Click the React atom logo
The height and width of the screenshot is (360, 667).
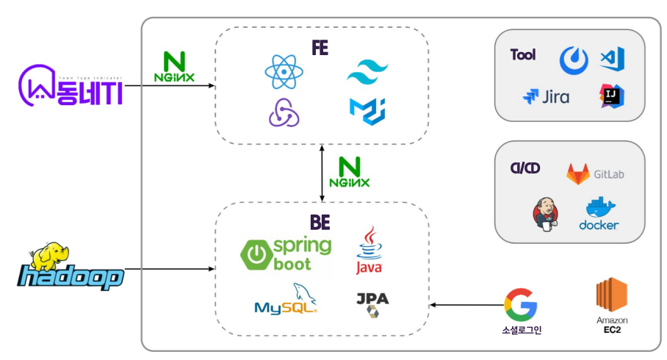click(x=283, y=71)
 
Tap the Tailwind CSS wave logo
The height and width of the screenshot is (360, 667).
click(x=367, y=71)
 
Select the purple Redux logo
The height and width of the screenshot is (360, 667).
click(x=283, y=112)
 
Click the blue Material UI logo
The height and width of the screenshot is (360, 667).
click(x=367, y=111)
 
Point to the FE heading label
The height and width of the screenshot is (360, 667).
click(x=320, y=49)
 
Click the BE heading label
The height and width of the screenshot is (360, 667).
click(x=320, y=221)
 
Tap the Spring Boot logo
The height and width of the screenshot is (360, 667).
click(x=286, y=254)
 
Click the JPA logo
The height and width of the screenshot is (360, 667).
click(x=372, y=304)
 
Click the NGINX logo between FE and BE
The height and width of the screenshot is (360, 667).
click(x=350, y=172)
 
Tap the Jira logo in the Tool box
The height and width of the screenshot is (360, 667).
click(x=546, y=96)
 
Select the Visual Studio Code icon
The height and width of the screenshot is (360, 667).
click(x=611, y=59)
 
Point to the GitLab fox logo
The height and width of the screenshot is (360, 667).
click(x=578, y=174)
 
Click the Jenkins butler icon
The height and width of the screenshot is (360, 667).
click(x=544, y=214)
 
